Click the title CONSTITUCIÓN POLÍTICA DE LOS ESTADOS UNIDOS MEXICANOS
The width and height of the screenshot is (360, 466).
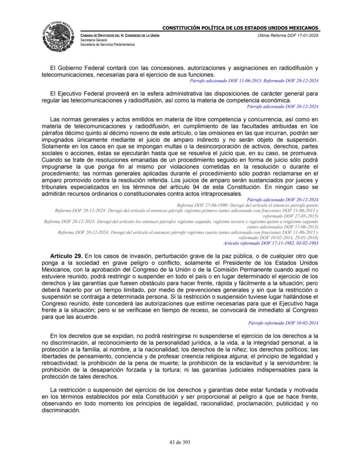(x=240, y=28)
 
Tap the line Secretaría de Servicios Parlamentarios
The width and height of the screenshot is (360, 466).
(x=107, y=44)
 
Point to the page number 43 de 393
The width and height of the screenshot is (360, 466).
(x=180, y=442)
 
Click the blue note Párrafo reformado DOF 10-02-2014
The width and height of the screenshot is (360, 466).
(x=283, y=323)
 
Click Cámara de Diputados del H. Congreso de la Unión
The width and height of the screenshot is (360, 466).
(x=120, y=35)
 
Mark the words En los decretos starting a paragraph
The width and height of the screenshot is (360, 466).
(x=70, y=336)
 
